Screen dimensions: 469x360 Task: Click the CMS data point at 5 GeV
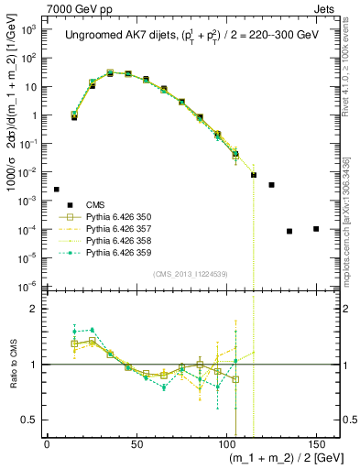tap(56, 190)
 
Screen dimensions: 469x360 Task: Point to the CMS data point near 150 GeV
tap(316, 229)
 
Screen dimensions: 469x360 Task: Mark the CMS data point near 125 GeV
tap(271, 185)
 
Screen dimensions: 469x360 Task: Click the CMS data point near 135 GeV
tap(289, 231)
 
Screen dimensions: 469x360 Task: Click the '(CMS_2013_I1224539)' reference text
tap(191, 272)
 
